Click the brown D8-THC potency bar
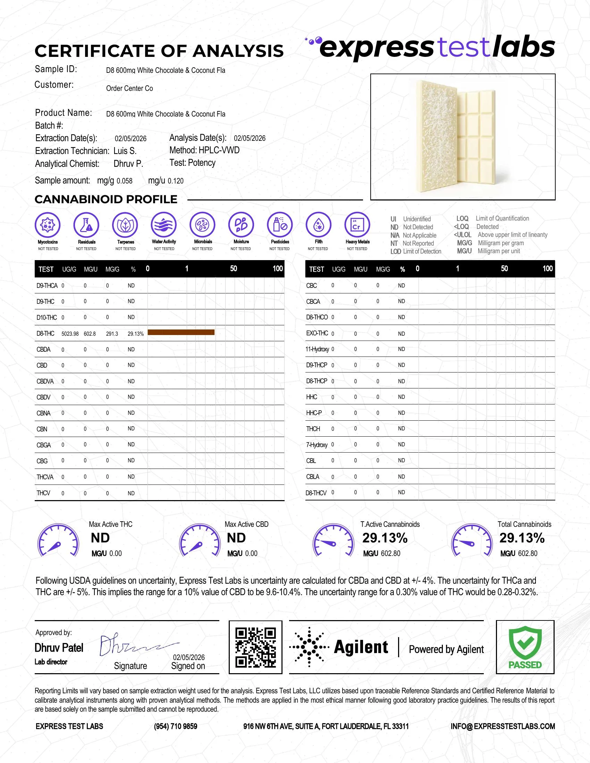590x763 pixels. pyautogui.click(x=181, y=332)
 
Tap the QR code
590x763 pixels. pyautogui.click(x=255, y=648)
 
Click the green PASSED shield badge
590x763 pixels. pyautogui.click(x=525, y=647)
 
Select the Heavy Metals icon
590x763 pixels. pyautogui.click(x=357, y=225)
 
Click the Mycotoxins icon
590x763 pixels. pyautogui.click(x=48, y=225)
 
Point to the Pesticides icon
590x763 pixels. pyautogui.click(x=280, y=225)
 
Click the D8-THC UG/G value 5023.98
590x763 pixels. pyautogui.click(x=70, y=334)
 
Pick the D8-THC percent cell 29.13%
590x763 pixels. pyautogui.click(x=136, y=334)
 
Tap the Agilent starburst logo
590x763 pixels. pyautogui.click(x=309, y=647)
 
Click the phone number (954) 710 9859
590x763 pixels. pyautogui.click(x=176, y=726)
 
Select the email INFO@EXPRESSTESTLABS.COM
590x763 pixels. pyautogui.click(x=503, y=726)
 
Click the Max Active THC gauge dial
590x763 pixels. pyautogui.click(x=58, y=540)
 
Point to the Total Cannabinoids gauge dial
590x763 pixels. pyautogui.click(x=472, y=540)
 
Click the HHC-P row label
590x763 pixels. pyautogui.click(x=314, y=413)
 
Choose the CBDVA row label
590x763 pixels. pyautogui.click(x=45, y=381)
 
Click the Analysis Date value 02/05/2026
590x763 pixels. pyautogui.click(x=250, y=138)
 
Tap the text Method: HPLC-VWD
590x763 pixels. pyautogui.click(x=204, y=150)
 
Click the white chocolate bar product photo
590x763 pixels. pyautogui.click(x=463, y=137)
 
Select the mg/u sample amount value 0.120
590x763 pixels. pyautogui.click(x=176, y=181)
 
